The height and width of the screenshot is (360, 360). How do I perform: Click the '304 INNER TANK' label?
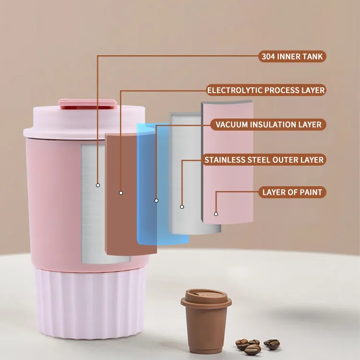pos(292,57)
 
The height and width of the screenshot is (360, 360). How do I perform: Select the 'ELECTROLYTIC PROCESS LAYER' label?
pos(266,90)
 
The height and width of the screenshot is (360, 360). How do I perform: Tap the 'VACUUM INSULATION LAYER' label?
pos(268,124)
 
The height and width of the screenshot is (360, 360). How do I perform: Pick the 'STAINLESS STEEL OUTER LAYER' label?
pos(264,159)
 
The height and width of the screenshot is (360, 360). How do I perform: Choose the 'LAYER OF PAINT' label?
pos(292,192)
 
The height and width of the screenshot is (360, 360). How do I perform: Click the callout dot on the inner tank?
pos(98,185)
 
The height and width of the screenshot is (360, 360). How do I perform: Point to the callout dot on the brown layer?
pos(121,193)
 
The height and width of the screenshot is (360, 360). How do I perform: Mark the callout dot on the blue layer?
pos(156,201)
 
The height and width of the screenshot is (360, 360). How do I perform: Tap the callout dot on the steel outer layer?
pos(182,207)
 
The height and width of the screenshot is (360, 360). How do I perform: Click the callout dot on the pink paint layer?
pos(216,214)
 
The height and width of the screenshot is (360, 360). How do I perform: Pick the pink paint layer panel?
pos(228,162)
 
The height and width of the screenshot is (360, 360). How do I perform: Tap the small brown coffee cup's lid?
pos(206,298)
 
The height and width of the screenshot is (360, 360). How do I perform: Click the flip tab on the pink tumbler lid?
pos(87,104)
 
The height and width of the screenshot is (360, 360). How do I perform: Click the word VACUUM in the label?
pos(231,124)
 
